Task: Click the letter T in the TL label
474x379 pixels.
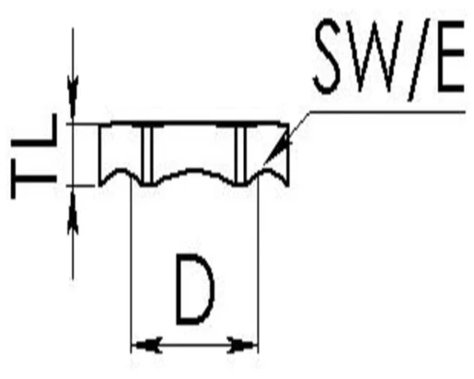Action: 34,178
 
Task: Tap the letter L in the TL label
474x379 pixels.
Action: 34,131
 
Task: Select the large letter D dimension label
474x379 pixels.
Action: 194,289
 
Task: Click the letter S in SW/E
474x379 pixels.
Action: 328,56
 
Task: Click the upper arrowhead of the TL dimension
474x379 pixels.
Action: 73,97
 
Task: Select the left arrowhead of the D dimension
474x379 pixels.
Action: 149,345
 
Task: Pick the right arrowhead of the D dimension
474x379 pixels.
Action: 240,345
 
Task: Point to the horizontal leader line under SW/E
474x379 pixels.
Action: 387,112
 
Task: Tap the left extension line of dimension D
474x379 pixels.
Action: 132,265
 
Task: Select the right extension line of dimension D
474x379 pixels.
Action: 259,265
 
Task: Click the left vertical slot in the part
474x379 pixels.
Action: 147,154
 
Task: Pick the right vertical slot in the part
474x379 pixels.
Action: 240,154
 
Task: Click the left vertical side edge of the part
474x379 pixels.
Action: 99,154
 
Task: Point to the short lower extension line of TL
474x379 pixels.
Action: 81,186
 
